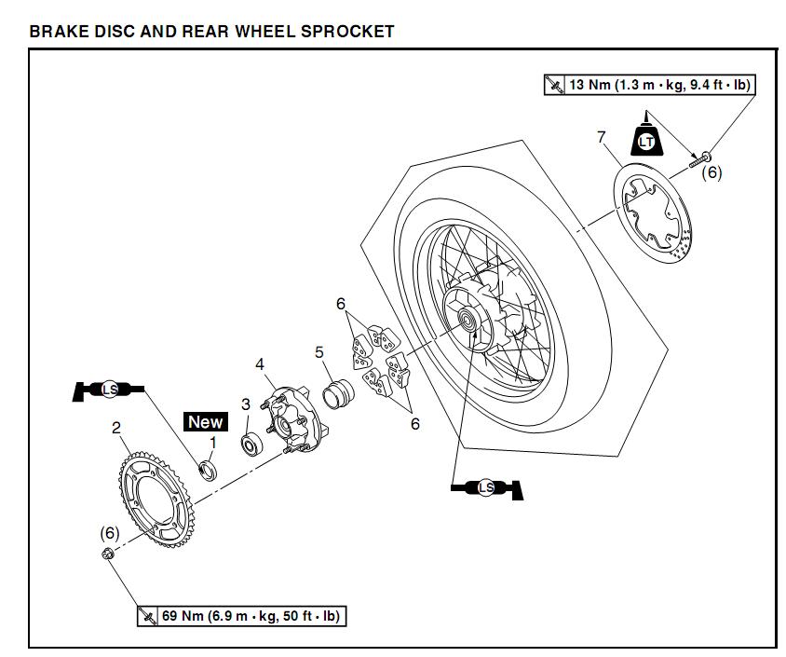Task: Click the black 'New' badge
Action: (205, 422)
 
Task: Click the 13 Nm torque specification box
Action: (649, 85)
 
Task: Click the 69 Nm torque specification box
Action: (243, 616)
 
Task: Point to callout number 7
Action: (601, 138)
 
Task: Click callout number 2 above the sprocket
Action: (116, 428)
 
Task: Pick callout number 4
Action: (261, 363)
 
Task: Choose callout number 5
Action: (319, 352)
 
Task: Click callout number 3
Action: (246, 404)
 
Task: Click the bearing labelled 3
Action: (250, 444)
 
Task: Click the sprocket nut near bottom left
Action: (107, 555)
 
